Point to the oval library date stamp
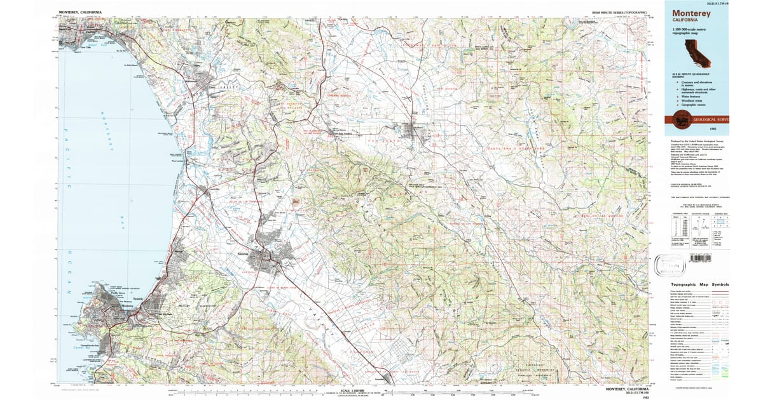click(x=668, y=262)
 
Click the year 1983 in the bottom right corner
click(x=646, y=396)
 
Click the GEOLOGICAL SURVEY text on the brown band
click(x=713, y=119)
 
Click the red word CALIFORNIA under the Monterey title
click(x=685, y=20)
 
